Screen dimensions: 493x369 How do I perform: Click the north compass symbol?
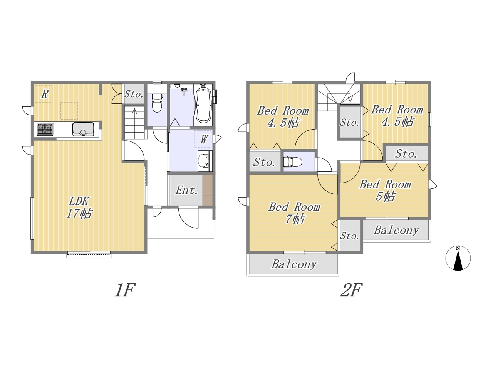pos(458,258)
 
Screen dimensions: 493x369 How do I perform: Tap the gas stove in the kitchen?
pos(45,129)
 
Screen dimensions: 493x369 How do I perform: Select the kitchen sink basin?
pos(83,129)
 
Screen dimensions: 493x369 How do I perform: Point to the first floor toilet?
pos(157,103)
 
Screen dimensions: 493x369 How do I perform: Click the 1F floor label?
pos(125,290)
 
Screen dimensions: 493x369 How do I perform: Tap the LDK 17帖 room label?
pos(79,207)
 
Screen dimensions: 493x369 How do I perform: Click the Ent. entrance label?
pos(187,191)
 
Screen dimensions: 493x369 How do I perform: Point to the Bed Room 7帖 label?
pos(294,213)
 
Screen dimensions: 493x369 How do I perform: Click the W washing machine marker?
pos(203,139)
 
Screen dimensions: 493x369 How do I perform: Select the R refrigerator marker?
pos(44,94)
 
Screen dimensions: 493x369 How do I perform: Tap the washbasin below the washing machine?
pos(205,161)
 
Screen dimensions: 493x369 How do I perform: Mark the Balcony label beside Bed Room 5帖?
pos(396,231)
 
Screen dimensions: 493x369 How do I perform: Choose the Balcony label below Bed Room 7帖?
pos(294,264)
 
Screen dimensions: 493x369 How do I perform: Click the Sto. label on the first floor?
pos(134,94)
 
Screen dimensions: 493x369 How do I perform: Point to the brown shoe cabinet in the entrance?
pos(208,190)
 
